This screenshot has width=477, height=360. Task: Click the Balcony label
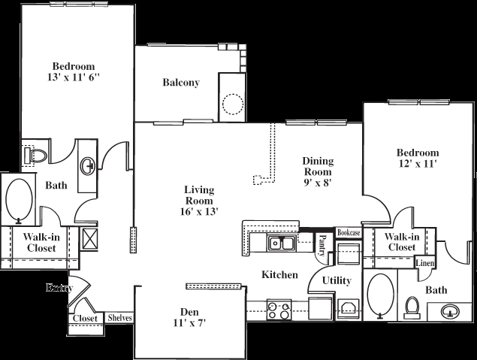[x=181, y=83]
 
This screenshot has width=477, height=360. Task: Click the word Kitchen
[x=279, y=276]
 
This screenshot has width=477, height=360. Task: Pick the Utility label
[x=337, y=281]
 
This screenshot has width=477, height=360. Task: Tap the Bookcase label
[x=349, y=233]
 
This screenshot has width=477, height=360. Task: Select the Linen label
[x=425, y=263]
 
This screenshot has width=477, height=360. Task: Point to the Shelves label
[x=120, y=318]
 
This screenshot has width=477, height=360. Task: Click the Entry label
[x=58, y=288]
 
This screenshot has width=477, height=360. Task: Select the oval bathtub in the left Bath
[x=19, y=200]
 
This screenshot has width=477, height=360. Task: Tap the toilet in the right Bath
[x=411, y=307]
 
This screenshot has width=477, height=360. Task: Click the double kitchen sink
[x=282, y=243]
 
